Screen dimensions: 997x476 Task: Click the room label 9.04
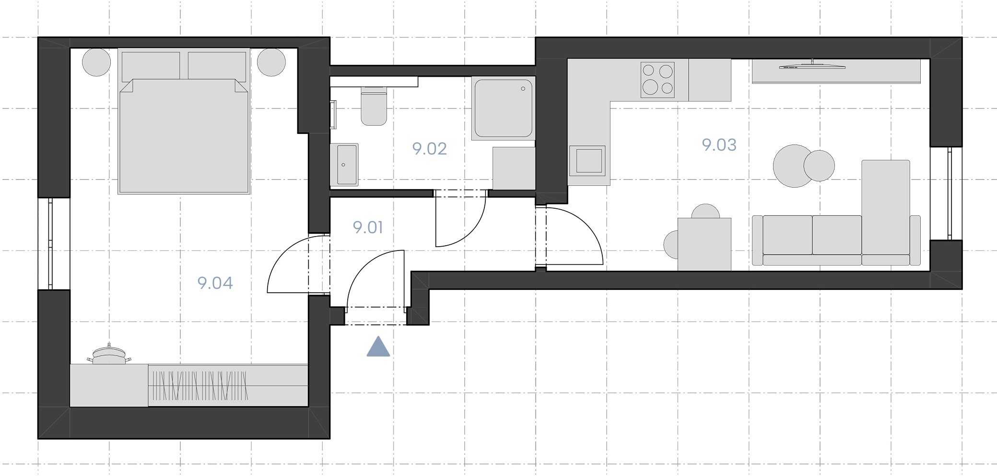215,283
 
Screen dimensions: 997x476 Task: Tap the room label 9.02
429,149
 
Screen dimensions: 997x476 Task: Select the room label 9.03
719,145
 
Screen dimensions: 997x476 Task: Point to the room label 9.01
368,227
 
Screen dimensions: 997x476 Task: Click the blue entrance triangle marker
378,346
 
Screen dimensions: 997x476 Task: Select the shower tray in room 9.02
503,108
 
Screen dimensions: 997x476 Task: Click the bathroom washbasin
344,165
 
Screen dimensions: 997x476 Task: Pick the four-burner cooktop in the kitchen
657,80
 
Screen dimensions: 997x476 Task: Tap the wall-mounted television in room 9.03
812,65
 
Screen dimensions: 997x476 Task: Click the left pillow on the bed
151,66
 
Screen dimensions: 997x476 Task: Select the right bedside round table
271,62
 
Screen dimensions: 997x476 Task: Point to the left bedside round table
96,62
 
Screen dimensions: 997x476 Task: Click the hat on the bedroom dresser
109,356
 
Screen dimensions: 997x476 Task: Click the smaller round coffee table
819,166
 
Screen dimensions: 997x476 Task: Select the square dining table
704,244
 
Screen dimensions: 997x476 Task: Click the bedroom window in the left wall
50,244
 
